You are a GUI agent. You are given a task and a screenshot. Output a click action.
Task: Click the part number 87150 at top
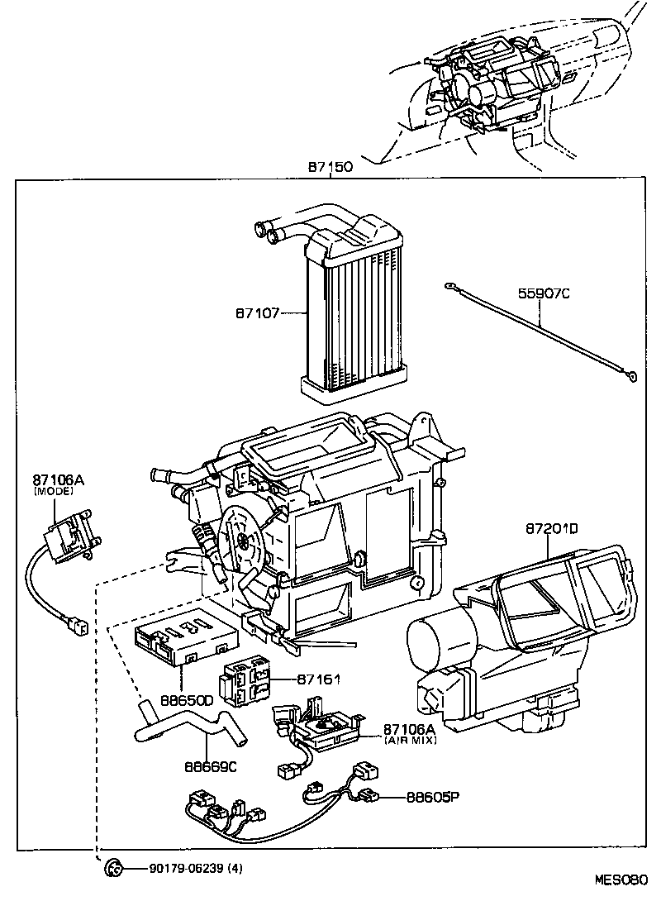330,166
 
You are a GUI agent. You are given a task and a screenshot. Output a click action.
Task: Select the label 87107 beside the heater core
257,313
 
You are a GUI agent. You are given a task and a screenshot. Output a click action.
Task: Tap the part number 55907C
544,293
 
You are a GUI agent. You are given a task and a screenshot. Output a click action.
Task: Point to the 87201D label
551,527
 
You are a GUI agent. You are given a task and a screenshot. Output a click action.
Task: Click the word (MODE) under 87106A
54,491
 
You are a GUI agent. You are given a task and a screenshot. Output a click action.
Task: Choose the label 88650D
187,700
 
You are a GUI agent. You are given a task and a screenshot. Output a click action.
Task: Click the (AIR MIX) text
410,741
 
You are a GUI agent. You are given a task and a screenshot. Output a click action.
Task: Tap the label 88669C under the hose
211,766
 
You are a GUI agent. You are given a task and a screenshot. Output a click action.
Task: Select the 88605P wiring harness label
432,798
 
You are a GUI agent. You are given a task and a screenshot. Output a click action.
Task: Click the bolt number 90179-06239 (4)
196,868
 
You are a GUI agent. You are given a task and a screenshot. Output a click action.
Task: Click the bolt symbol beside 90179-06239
113,868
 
